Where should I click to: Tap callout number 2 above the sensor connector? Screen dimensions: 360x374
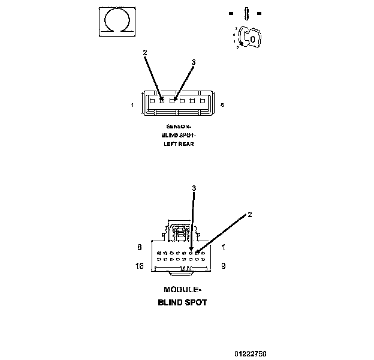point(144,53)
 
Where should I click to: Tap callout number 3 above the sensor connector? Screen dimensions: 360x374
point(193,62)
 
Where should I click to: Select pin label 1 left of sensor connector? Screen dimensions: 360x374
point(132,106)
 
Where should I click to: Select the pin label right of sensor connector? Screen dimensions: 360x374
point(222,106)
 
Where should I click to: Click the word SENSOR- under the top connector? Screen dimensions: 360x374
point(179,127)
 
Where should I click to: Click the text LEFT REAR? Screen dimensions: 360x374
point(179,144)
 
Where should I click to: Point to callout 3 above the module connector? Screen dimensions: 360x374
point(194,188)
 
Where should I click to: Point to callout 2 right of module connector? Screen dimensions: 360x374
point(249,214)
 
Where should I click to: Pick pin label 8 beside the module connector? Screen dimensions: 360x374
point(140,247)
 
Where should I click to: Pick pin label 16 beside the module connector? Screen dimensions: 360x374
point(140,265)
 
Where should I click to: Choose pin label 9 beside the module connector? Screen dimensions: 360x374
point(223,265)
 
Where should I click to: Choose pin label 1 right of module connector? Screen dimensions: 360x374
point(223,247)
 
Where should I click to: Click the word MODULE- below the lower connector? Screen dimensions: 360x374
point(182,290)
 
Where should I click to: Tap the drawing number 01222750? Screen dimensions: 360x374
point(250,354)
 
